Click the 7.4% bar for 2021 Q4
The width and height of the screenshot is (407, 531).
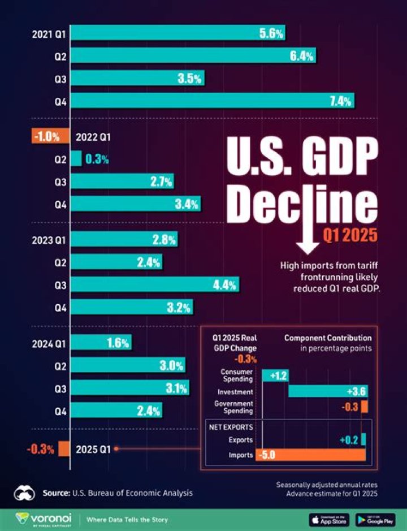click(212, 101)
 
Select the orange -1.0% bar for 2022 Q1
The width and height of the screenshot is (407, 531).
click(49, 136)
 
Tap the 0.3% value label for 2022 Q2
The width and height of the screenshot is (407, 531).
click(97, 159)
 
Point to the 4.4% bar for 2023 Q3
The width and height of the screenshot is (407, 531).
click(154, 284)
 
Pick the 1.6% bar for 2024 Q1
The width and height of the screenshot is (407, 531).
click(101, 343)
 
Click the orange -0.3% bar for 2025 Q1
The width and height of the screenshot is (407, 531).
click(64, 449)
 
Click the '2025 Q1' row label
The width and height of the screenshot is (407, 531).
click(93, 450)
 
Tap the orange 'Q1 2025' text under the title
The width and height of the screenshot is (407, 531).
click(349, 235)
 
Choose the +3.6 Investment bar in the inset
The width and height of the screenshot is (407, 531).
click(328, 391)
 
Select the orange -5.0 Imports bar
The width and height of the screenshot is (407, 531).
click(310, 455)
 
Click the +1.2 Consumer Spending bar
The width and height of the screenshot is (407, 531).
click(275, 375)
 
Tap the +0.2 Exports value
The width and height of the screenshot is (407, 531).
click(349, 439)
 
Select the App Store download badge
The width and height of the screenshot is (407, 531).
click(330, 519)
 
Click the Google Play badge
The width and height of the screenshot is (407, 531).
click(375, 519)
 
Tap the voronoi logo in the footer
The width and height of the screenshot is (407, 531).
click(45, 519)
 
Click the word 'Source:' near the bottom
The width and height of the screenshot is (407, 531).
click(57, 493)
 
